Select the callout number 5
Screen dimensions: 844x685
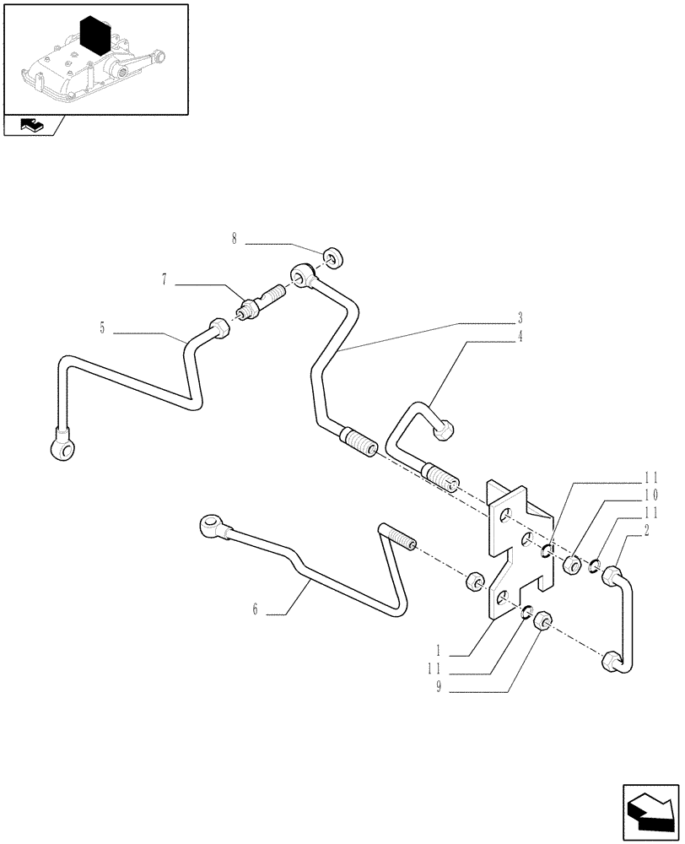point(102,328)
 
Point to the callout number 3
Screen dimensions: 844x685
point(520,319)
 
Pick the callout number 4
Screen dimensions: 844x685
point(520,336)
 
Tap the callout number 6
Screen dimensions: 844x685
point(254,609)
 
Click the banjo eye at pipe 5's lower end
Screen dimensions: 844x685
point(63,447)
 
